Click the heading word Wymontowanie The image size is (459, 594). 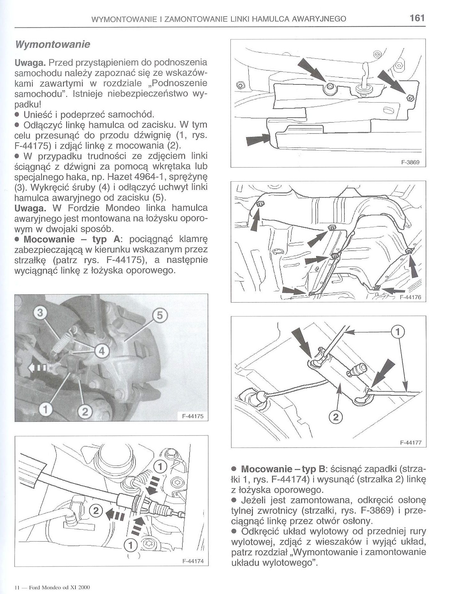coord(52,44)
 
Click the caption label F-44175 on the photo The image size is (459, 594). coord(193,416)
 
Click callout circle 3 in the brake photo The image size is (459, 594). coord(40,313)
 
